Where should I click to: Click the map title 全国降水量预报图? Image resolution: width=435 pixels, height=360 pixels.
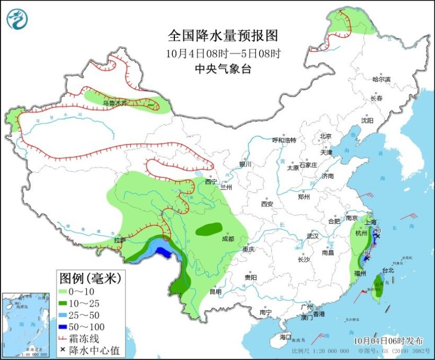222,36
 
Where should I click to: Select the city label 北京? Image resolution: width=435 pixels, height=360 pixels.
326,136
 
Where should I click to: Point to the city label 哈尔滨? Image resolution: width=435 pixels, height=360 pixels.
382,79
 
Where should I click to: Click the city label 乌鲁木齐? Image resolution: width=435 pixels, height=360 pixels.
115,103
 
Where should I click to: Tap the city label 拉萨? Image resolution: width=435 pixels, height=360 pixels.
120,240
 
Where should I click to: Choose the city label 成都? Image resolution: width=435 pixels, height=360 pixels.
228,238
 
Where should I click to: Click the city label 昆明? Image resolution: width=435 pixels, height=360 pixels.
215,291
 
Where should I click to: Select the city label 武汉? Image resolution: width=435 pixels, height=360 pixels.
313,236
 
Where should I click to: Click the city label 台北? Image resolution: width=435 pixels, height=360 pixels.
387,270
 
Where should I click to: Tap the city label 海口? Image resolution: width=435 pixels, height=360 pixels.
285,336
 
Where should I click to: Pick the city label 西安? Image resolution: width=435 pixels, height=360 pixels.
267,203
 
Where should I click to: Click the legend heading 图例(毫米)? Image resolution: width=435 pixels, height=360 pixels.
90,277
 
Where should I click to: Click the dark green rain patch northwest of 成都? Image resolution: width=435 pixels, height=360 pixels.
208,229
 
